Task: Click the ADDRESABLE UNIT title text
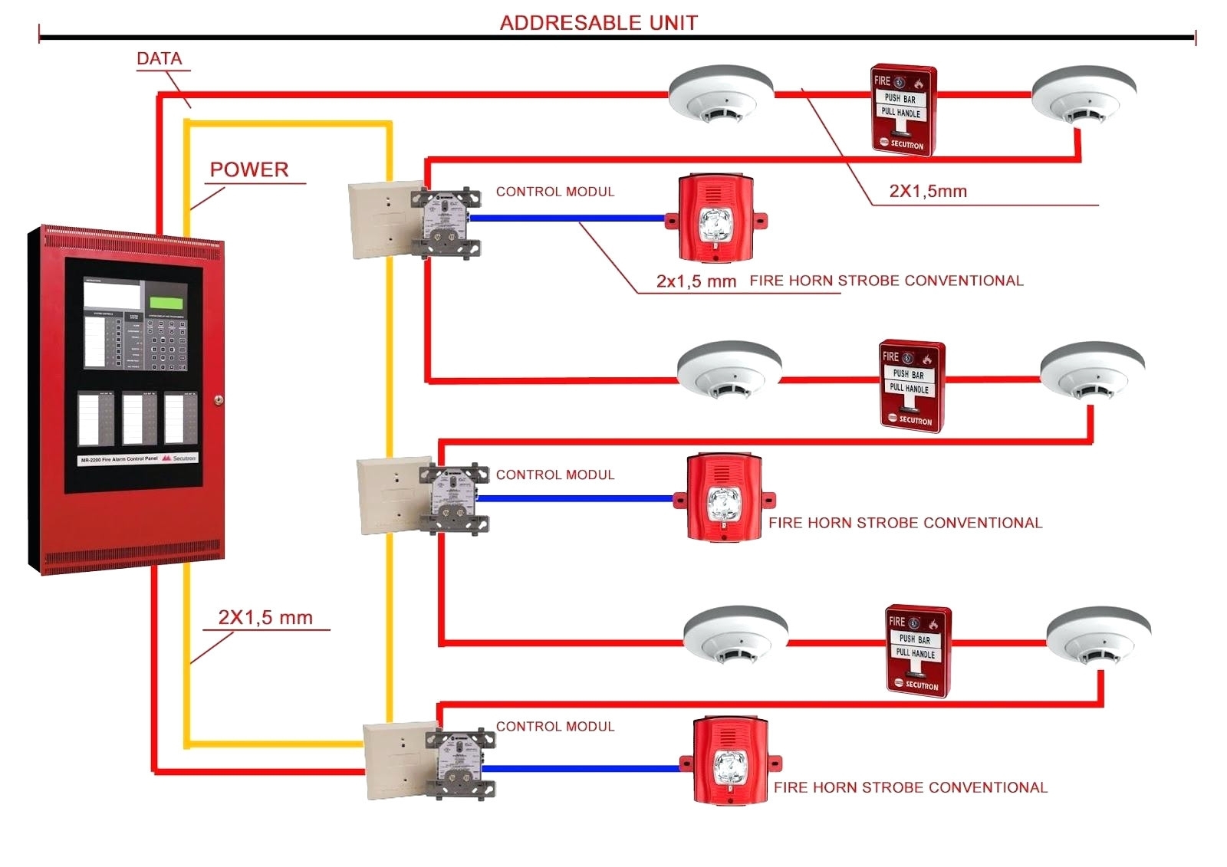[x=598, y=22]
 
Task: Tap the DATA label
[x=159, y=58]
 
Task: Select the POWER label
[x=249, y=169]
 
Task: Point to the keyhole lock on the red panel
[x=219, y=399]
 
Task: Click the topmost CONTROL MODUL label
[x=555, y=192]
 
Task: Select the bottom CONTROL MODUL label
[x=555, y=726]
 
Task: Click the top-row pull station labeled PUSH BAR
[x=903, y=110]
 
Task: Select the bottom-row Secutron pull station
[x=918, y=651]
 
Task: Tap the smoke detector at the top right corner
[x=1083, y=95]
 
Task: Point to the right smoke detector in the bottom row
[x=1098, y=635]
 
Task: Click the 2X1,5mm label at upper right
[x=928, y=191]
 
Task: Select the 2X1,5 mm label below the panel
[x=265, y=617]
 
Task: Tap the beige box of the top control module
[x=379, y=220]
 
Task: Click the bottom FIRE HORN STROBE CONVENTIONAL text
[x=910, y=787]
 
